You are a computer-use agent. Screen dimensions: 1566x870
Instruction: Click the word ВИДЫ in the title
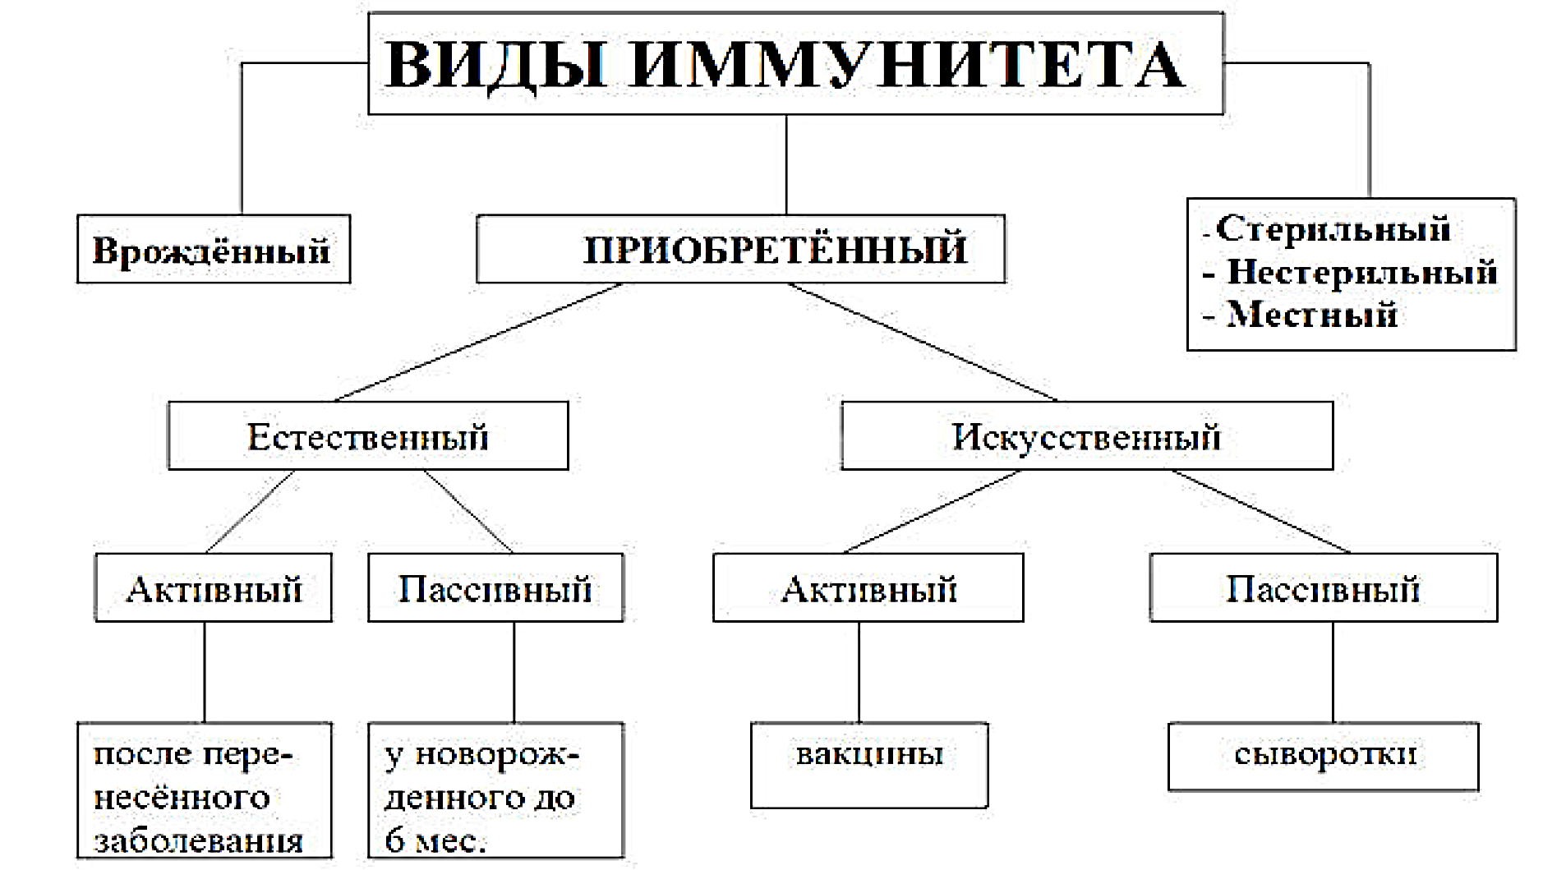click(x=496, y=64)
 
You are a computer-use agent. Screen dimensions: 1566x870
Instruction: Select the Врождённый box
click(x=214, y=249)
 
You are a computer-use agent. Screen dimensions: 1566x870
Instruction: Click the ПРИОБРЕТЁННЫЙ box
click(x=740, y=249)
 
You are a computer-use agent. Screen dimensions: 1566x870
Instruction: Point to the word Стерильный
click(x=1333, y=229)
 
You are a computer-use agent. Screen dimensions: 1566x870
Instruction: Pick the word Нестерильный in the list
click(x=1361, y=272)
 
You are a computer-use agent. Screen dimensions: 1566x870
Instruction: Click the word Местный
click(x=1312, y=315)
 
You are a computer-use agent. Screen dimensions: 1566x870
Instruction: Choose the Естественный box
click(x=368, y=435)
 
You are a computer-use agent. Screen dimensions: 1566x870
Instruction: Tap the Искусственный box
click(x=1087, y=435)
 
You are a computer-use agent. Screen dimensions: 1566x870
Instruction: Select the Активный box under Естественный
click(x=214, y=587)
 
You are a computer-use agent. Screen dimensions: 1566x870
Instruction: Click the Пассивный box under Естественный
click(x=495, y=587)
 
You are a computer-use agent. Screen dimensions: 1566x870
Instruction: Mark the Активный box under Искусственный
click(x=868, y=587)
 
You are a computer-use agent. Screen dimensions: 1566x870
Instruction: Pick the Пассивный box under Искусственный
click(x=1324, y=587)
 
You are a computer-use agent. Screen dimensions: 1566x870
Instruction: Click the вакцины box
click(x=869, y=765)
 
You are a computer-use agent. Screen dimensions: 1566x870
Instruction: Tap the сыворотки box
click(x=1324, y=757)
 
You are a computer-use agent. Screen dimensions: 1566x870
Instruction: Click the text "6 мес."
click(x=435, y=840)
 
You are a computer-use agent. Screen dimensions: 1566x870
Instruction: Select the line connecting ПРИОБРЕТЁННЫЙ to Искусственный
click(x=923, y=343)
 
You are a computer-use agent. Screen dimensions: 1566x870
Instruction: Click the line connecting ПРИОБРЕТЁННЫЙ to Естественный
click(x=478, y=343)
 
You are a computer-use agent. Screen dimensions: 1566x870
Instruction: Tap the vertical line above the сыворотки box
click(x=1333, y=672)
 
